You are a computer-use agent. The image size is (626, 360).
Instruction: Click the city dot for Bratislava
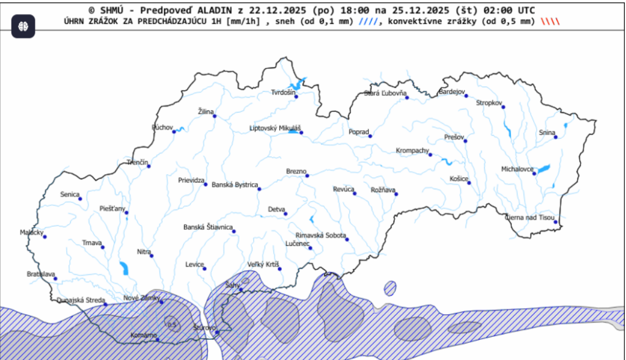pos(55,279)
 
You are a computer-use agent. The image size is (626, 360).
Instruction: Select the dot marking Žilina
pos(215,116)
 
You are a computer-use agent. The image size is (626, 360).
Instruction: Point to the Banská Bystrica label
pos(235,185)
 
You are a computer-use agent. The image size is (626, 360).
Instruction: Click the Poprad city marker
pos(370,136)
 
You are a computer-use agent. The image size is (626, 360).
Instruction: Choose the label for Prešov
pos(454,137)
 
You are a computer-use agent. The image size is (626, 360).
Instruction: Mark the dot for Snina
pos(556,137)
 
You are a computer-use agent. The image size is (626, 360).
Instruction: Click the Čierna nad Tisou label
pos(529,218)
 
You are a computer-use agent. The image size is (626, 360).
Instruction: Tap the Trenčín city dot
pos(148,166)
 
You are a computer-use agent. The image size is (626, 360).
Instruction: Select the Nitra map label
pos(144,251)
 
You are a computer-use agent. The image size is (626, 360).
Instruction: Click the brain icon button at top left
pos(23,26)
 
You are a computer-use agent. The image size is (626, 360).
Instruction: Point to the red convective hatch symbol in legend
pos(550,21)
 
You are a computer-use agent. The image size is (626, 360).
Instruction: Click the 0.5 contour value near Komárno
pos(172,325)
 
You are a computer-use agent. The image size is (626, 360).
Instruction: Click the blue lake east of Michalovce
pos(543,168)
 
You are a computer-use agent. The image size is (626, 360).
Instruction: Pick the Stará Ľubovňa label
pos(385,94)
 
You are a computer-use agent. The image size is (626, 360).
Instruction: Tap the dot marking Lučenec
pos(311,248)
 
